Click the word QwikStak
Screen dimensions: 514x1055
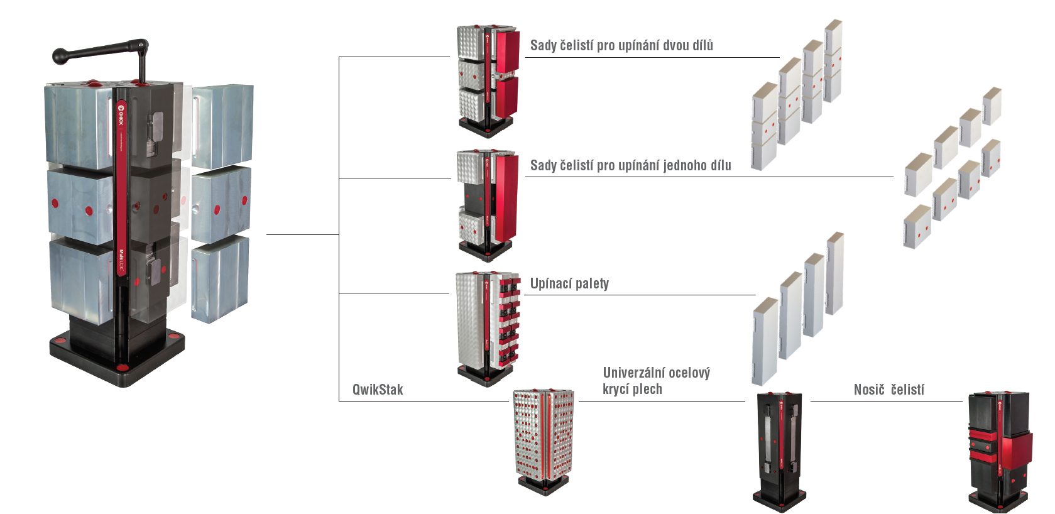click(x=378, y=390)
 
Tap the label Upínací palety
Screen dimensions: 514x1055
click(x=569, y=283)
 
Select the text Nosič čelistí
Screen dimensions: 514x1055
click(x=888, y=390)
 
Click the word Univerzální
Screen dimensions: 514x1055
click(x=632, y=373)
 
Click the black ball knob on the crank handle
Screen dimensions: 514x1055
click(x=61, y=56)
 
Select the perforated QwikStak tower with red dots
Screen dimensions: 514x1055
click(x=544, y=440)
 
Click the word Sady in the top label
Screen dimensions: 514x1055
click(x=544, y=45)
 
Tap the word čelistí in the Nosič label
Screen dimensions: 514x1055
click(x=907, y=390)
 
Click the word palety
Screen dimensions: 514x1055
click(x=592, y=283)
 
